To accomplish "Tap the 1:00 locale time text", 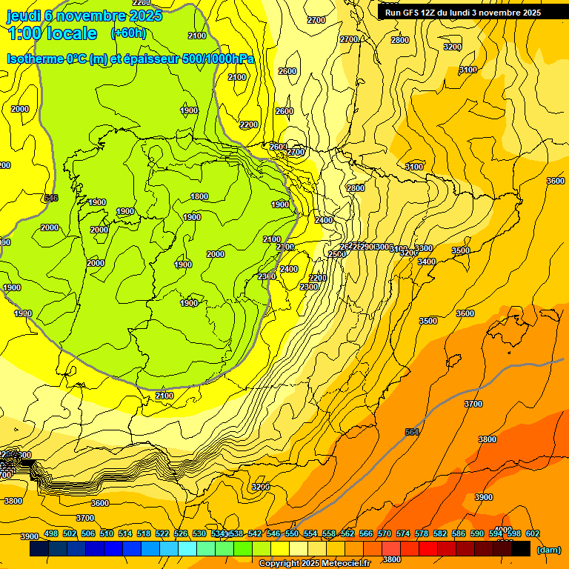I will point(53,33).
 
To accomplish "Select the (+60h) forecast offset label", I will point(128,33).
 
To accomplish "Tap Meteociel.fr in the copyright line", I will point(342,564).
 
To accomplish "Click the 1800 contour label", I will point(199,196).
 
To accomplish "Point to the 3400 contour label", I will point(426,262).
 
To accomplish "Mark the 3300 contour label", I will point(424,248).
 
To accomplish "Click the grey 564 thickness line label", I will point(413,432).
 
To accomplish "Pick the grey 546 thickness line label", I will point(51,198).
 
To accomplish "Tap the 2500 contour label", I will point(336,254).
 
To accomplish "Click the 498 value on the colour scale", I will point(51,533).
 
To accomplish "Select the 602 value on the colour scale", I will point(532,533).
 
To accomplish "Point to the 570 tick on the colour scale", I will point(384,533).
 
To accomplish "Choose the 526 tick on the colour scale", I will point(181,533).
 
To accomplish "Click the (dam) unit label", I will point(548,550).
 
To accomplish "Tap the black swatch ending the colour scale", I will point(521,549).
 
